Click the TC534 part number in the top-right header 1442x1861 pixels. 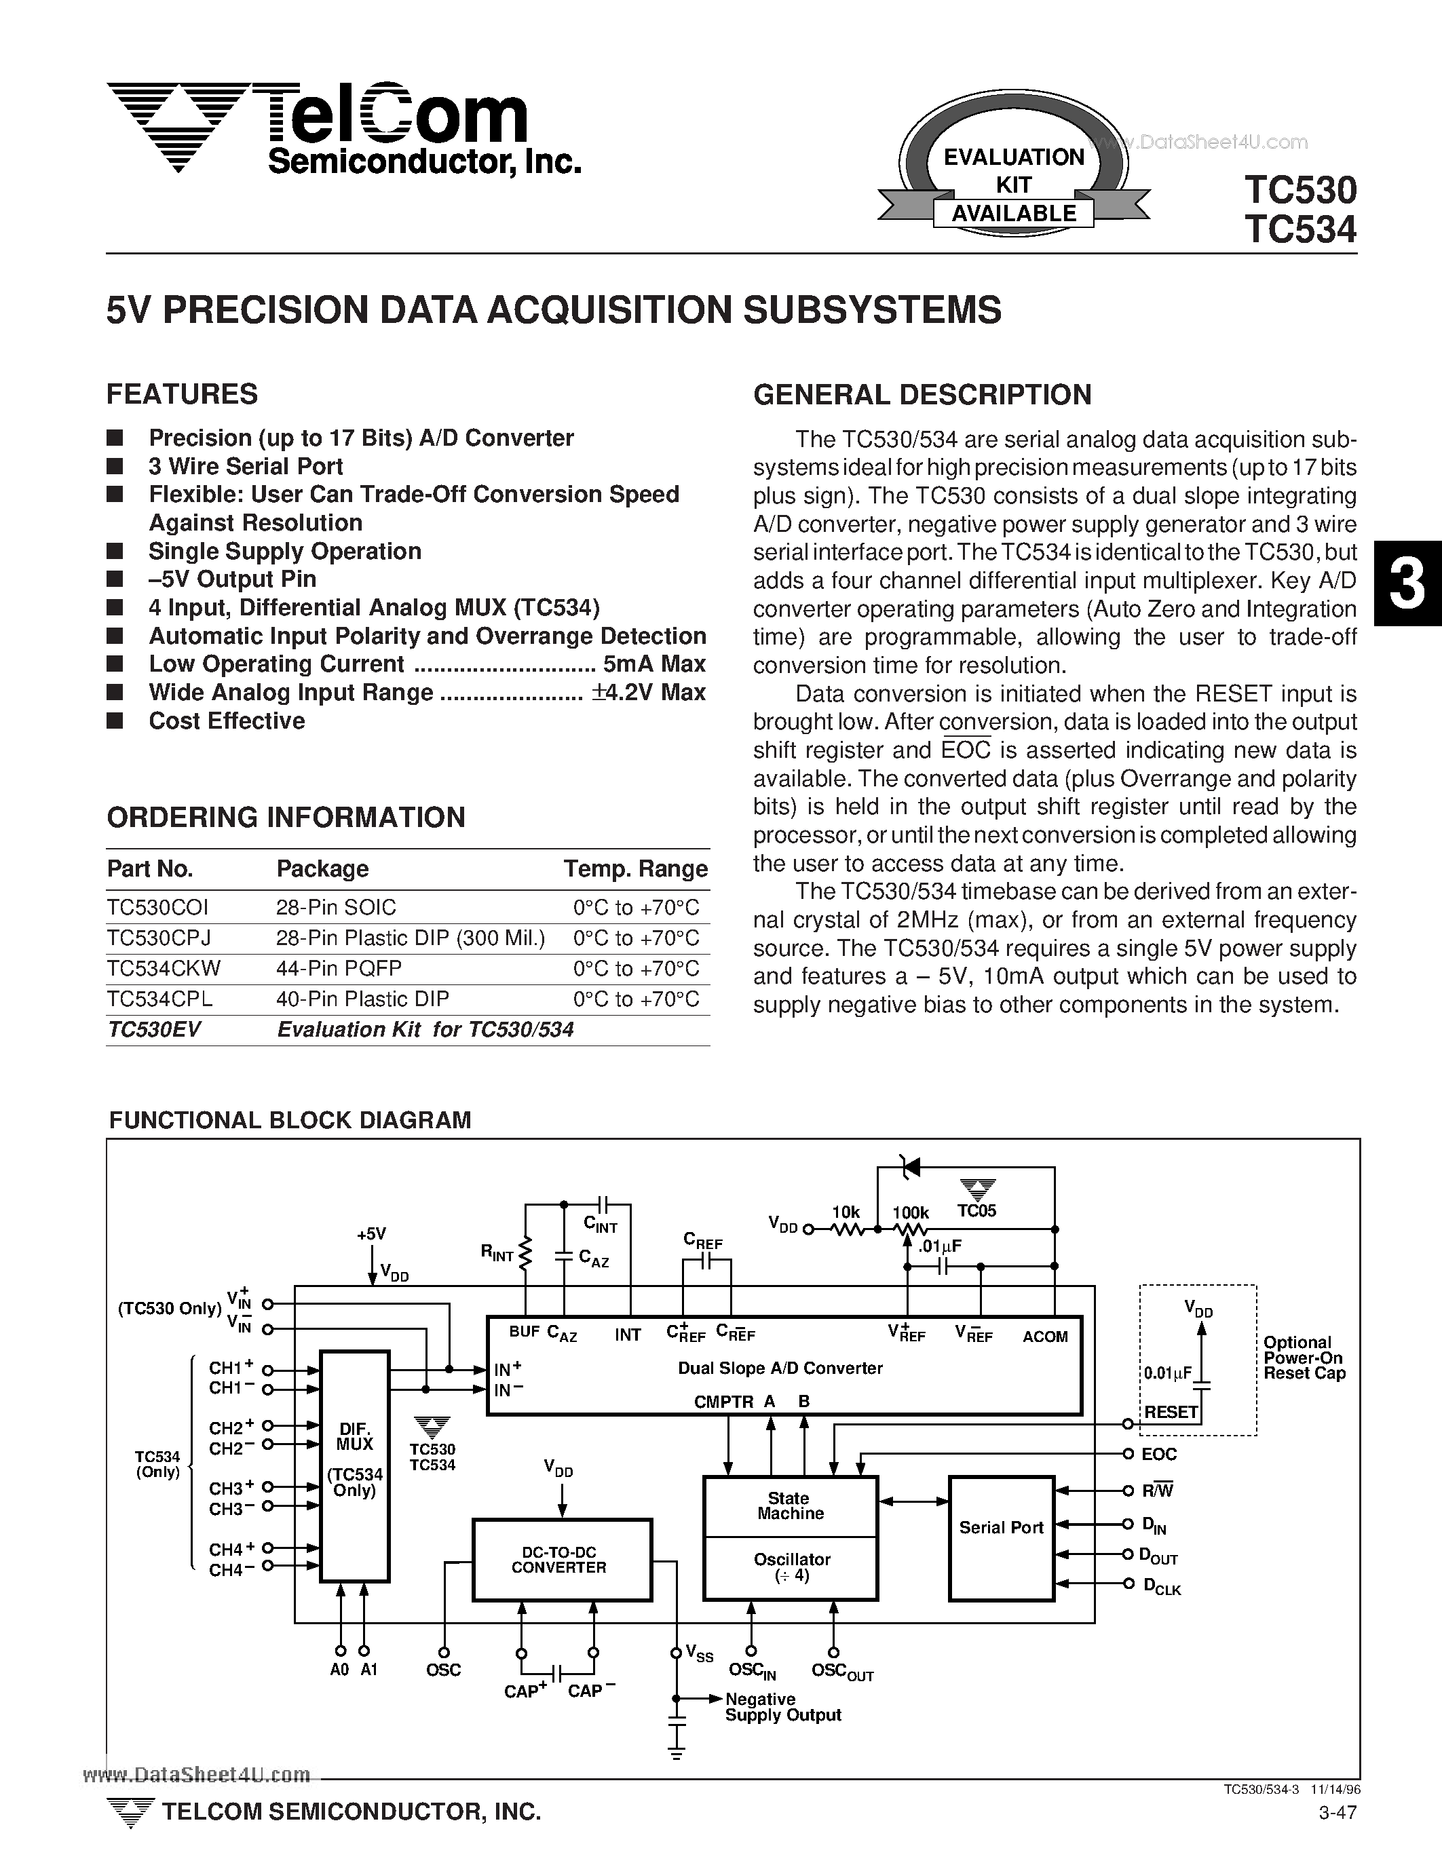pyautogui.click(x=1299, y=230)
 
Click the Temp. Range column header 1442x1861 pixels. pyautogui.click(x=635, y=868)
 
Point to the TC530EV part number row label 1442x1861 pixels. pyautogui.click(x=153, y=1029)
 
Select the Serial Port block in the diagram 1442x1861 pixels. pyautogui.click(x=1002, y=1528)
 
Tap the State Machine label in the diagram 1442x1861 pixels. pyautogui.click(x=790, y=1505)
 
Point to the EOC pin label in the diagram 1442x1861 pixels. pyautogui.click(x=1158, y=1455)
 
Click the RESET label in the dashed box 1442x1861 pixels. pyautogui.click(x=1170, y=1412)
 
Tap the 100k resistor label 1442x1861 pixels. pyautogui.click(x=910, y=1212)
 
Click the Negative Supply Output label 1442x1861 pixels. pyautogui.click(x=782, y=1707)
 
